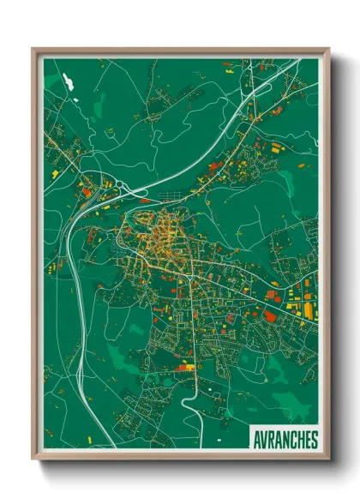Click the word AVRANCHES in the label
[285, 439]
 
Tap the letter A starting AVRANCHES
[257, 439]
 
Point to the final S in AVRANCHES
[314, 439]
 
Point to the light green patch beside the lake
[53, 81]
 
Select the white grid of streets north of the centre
[159, 103]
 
